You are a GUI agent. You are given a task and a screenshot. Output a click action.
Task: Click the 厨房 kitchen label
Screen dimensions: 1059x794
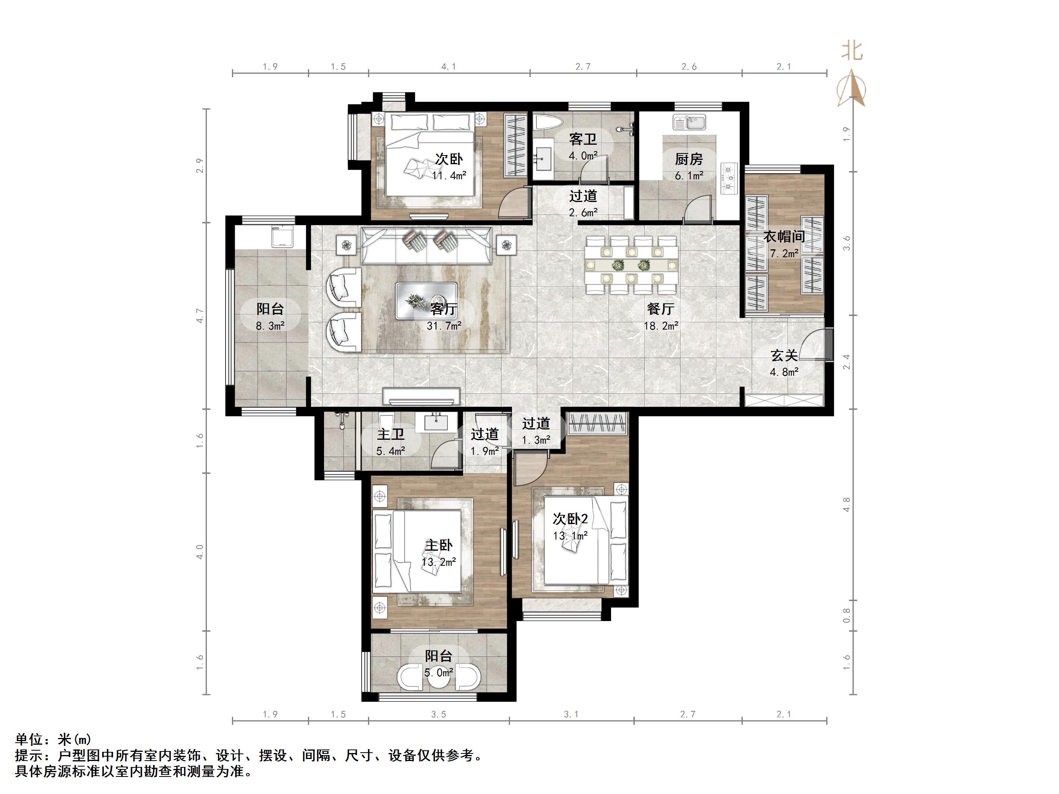click(x=689, y=159)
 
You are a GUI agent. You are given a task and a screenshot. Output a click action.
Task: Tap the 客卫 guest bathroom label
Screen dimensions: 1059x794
click(x=583, y=139)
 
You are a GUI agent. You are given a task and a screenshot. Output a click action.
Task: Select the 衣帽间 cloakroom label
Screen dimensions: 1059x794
click(x=784, y=237)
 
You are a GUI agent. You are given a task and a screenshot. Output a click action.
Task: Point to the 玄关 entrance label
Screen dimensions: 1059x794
click(x=784, y=355)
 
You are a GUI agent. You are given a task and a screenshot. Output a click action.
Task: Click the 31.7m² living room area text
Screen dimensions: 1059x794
click(x=444, y=326)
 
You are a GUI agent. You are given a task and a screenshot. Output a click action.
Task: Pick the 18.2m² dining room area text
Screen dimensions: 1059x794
click(x=661, y=326)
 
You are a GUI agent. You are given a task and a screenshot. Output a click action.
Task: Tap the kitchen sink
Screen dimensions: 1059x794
click(x=689, y=122)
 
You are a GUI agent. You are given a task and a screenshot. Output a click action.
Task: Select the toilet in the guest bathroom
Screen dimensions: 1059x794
click(x=548, y=122)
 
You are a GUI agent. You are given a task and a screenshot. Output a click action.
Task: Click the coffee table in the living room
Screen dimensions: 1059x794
click(x=426, y=301)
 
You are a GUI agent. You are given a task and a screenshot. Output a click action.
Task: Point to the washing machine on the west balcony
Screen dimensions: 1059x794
click(x=282, y=237)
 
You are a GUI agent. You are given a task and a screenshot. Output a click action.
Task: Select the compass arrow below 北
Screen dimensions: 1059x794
click(x=851, y=88)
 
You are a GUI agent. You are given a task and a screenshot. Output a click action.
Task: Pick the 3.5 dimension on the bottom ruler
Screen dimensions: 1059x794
click(x=438, y=714)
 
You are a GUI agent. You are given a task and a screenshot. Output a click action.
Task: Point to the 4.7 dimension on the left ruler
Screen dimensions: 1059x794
click(x=200, y=315)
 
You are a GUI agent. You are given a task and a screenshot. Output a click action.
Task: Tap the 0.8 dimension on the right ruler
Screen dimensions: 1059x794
click(x=847, y=615)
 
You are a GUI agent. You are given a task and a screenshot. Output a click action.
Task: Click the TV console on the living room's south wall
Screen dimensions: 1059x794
click(x=421, y=397)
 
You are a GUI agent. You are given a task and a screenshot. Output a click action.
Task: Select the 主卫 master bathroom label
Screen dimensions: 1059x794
click(x=391, y=435)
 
